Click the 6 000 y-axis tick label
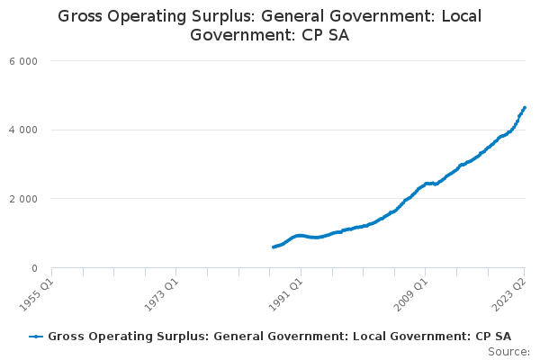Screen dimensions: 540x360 point(23,61)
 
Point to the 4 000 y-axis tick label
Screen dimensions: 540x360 point(23,130)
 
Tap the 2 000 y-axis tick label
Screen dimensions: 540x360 point(23,199)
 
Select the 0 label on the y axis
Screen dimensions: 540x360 point(34,268)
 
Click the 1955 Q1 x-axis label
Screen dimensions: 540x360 point(37,295)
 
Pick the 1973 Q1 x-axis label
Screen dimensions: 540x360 point(161,295)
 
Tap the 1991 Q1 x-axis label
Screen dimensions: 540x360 point(286,295)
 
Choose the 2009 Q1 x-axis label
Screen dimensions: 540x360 point(411,295)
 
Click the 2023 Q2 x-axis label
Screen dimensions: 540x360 point(510,295)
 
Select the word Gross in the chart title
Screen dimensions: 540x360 point(80,16)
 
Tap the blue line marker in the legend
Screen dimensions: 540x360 point(36,337)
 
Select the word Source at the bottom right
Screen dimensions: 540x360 point(508,352)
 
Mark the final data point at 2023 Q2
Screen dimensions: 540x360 point(525,108)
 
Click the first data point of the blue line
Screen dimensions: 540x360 point(274,247)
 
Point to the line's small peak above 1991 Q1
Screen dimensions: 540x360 point(300,236)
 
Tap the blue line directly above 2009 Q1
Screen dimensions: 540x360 point(426,184)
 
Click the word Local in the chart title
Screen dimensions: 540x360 point(462,16)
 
